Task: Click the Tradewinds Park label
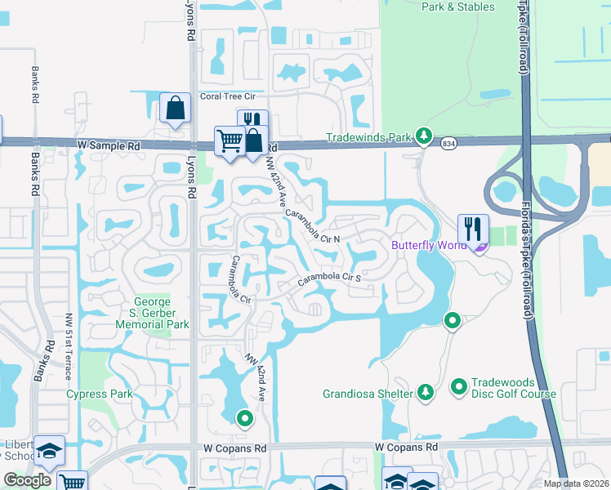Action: point(368,137)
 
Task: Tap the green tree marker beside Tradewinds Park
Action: point(423,136)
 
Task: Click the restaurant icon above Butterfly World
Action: point(473,228)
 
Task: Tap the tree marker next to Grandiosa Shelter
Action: point(425,393)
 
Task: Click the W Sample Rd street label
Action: point(108,145)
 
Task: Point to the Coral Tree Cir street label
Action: point(234,96)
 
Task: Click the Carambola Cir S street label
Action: point(328,278)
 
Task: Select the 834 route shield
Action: point(448,143)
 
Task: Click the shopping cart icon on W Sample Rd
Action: point(230,140)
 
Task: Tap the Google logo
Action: point(28,481)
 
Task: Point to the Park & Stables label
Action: point(457,7)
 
